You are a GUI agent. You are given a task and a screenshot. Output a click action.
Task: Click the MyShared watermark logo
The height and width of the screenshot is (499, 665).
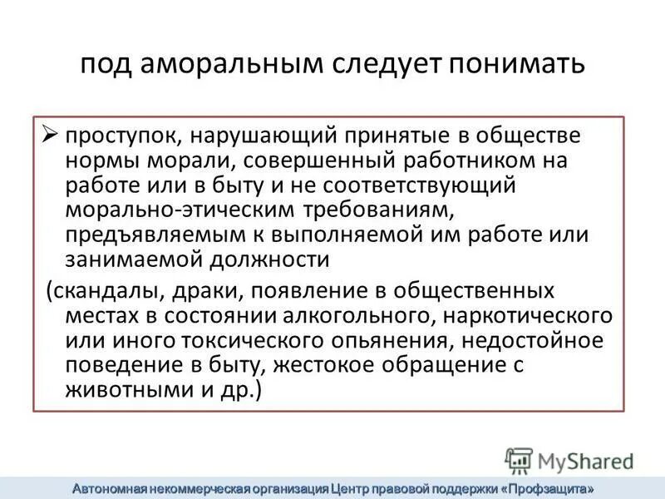click(569, 460)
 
